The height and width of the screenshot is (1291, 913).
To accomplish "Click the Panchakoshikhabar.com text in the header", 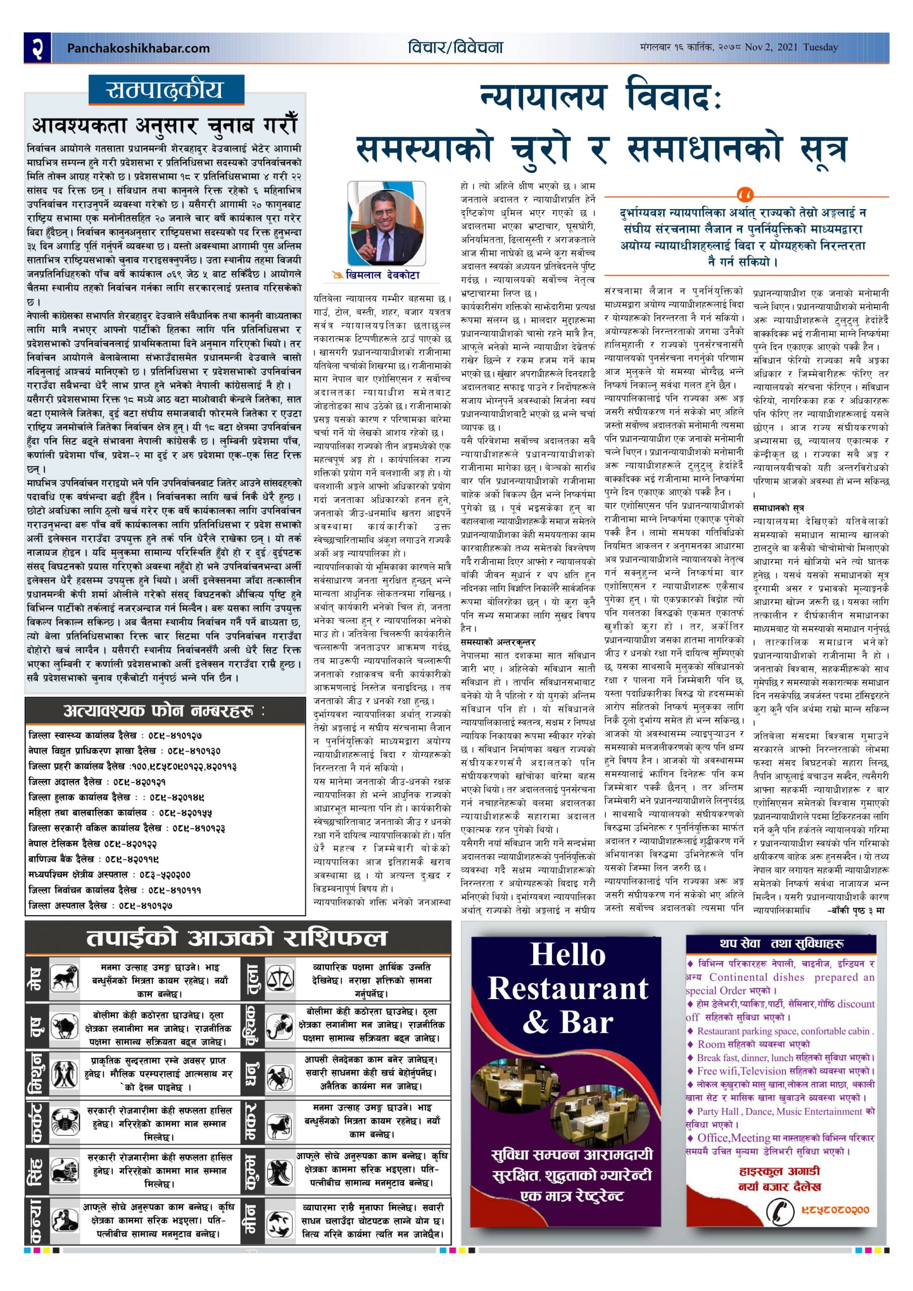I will click(x=138, y=48).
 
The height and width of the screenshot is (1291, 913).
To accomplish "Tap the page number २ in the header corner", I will click(x=38, y=47).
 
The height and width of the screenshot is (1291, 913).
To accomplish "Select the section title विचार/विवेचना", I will click(x=455, y=47).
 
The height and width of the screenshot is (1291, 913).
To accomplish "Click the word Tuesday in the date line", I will click(x=820, y=47).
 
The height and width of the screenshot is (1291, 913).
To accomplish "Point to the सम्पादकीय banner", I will click(x=166, y=90).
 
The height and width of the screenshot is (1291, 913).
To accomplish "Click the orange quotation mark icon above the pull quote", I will click(x=746, y=196).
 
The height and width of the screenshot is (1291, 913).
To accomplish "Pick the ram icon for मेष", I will click(x=65, y=978).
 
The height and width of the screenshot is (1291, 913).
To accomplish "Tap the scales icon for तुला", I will click(x=279, y=978).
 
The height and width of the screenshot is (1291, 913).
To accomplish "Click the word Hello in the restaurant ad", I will click(x=567, y=955).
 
